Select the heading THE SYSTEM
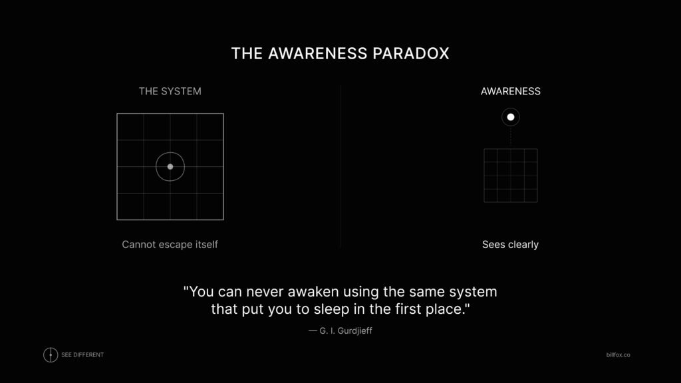(x=170, y=91)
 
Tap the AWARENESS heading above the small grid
(x=510, y=91)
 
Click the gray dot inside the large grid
(x=170, y=166)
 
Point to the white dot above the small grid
(x=511, y=117)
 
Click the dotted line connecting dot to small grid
(x=511, y=137)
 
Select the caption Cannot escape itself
(x=170, y=245)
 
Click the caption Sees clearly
(x=510, y=245)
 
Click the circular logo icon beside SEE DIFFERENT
(x=51, y=355)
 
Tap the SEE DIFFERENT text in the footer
(x=82, y=355)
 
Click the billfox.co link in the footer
(x=613, y=355)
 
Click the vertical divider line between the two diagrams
(x=340, y=166)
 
